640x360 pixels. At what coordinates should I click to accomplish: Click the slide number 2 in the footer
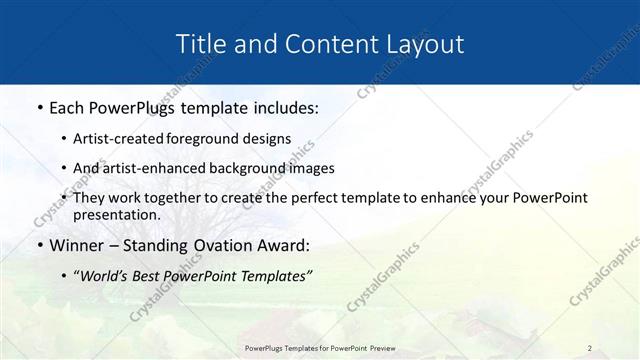590,347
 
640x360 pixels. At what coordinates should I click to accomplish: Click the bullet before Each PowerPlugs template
39,108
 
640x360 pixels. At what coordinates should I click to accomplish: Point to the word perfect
295,197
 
